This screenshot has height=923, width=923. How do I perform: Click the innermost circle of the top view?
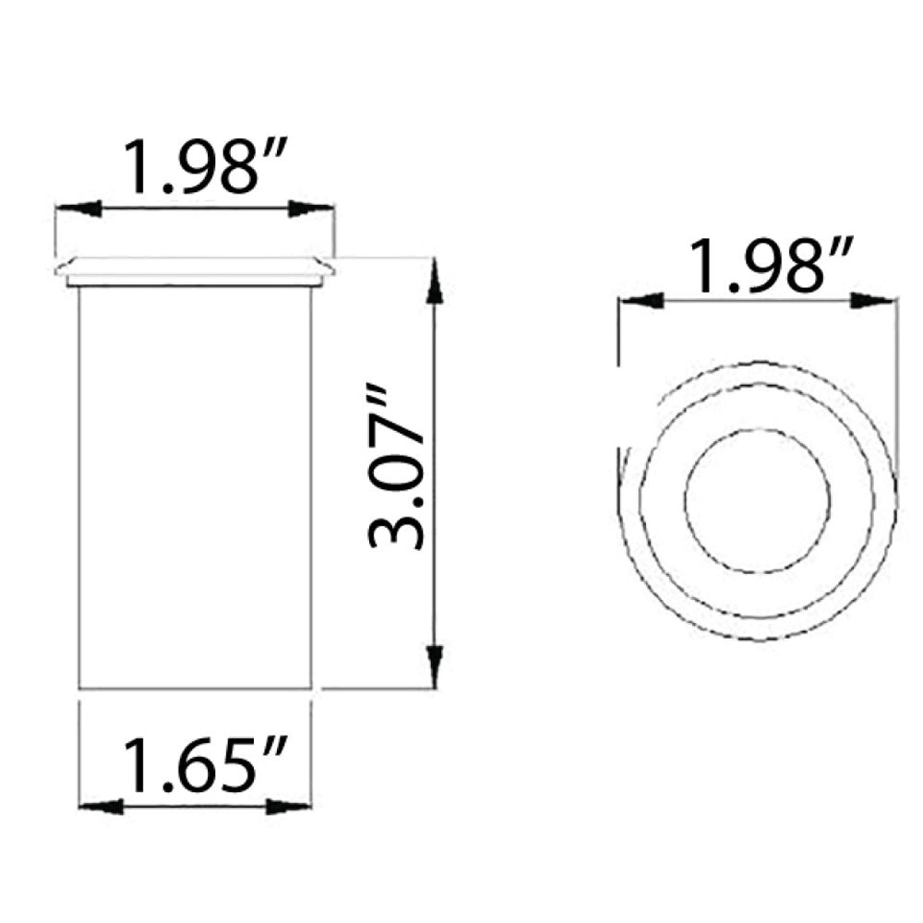(x=757, y=499)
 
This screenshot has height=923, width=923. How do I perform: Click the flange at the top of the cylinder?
(x=195, y=270)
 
